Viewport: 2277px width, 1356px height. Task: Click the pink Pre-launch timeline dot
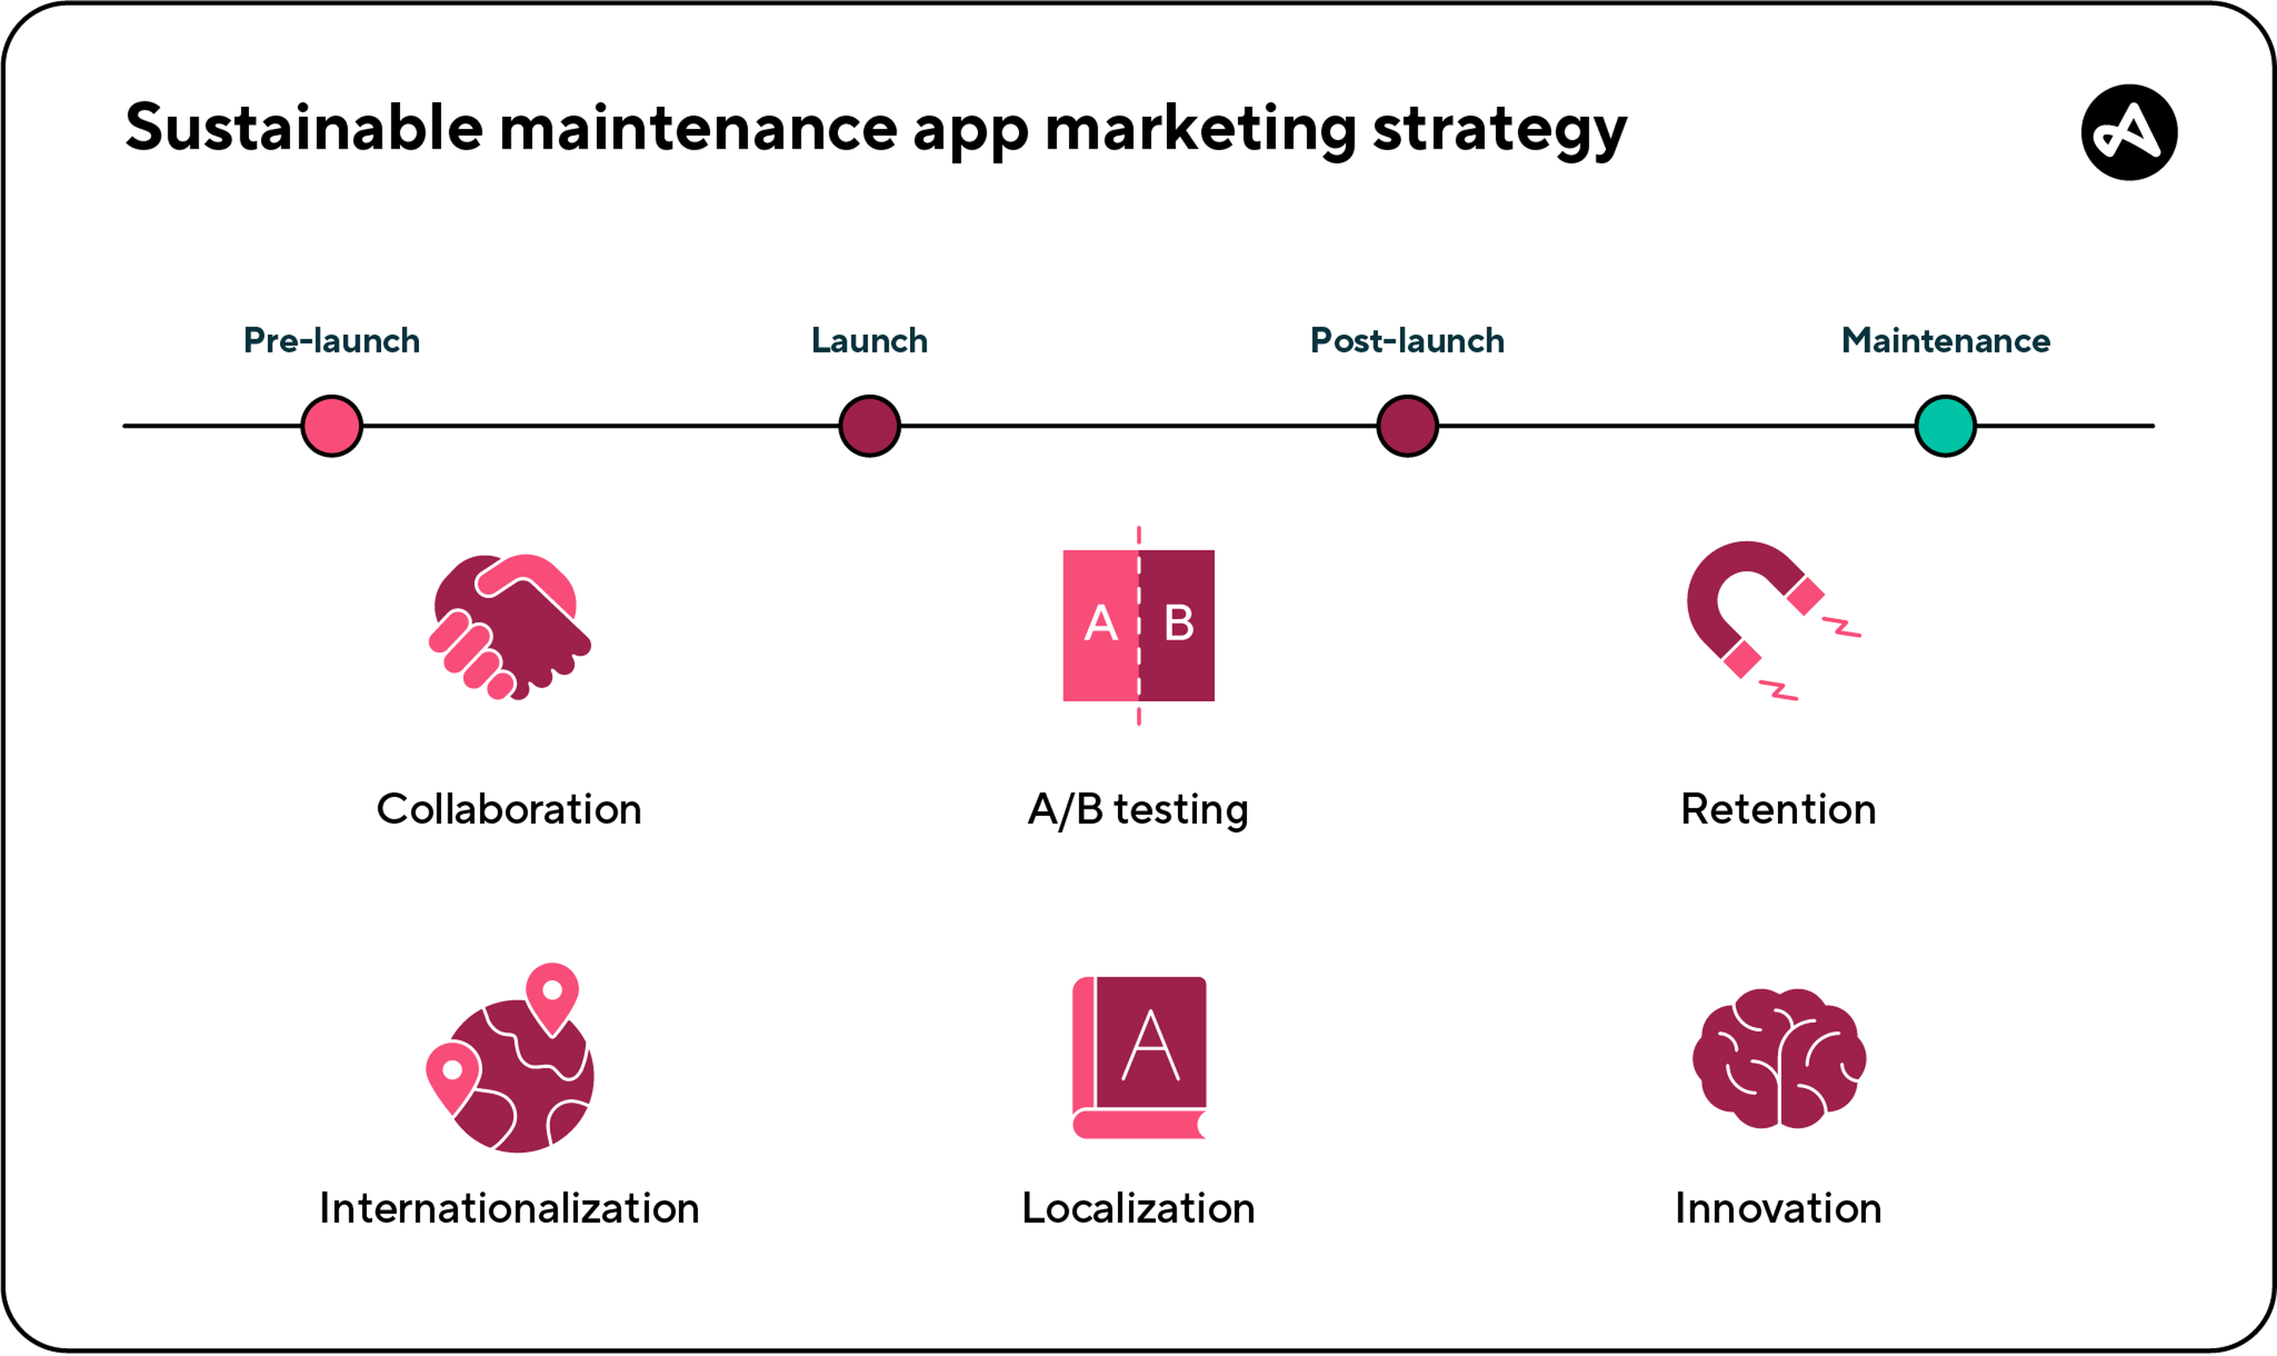click(332, 426)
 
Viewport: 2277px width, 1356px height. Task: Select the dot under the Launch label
click(870, 426)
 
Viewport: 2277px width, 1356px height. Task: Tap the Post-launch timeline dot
click(1408, 426)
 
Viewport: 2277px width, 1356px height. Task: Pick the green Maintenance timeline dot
click(1947, 426)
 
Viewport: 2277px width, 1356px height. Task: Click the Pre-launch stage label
click(332, 341)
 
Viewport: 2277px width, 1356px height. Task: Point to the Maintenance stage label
click(1947, 341)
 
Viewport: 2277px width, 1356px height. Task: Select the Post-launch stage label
click(1408, 341)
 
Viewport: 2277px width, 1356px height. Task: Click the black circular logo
click(2130, 133)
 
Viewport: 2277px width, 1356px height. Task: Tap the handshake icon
click(510, 628)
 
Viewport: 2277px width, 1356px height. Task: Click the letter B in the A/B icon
click(1179, 624)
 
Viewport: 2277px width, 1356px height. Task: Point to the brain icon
click(1779, 1059)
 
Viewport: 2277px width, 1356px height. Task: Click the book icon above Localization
click(1139, 1058)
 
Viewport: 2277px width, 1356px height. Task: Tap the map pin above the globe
click(553, 999)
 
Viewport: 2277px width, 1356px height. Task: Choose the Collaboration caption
click(509, 810)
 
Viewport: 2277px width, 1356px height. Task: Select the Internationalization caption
click(509, 1209)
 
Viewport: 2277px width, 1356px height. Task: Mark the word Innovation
click(1778, 1209)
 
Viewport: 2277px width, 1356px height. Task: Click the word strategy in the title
click(1501, 130)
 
